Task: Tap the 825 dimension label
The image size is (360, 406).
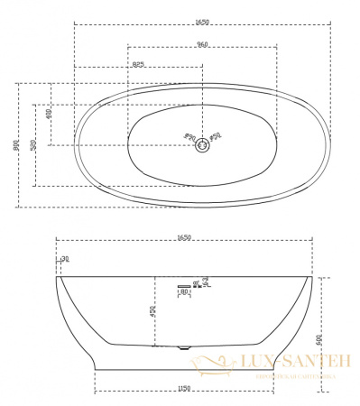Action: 138,63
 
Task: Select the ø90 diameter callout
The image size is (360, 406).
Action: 189,138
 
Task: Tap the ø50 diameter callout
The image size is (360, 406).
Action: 216,137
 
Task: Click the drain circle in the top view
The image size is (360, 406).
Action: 202,143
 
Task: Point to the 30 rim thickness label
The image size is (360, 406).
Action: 64,260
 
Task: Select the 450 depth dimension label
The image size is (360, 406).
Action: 152,312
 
